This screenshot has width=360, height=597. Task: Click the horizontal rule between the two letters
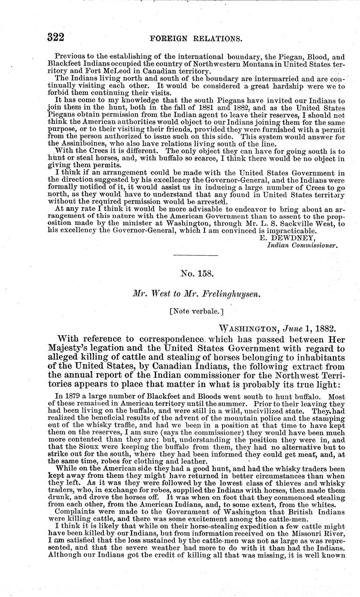pos(196,260)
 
